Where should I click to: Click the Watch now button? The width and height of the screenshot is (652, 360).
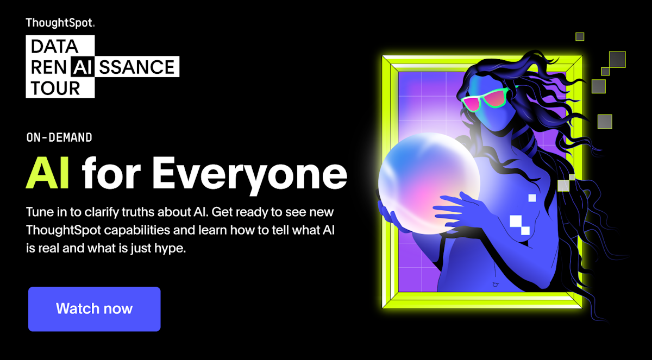(94, 309)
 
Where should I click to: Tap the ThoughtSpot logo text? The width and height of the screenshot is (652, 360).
(60, 23)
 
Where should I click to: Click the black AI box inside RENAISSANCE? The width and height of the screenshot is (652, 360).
(87, 67)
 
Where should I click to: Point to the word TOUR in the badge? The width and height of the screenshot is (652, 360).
(56, 87)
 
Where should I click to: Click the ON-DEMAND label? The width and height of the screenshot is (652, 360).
(59, 138)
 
